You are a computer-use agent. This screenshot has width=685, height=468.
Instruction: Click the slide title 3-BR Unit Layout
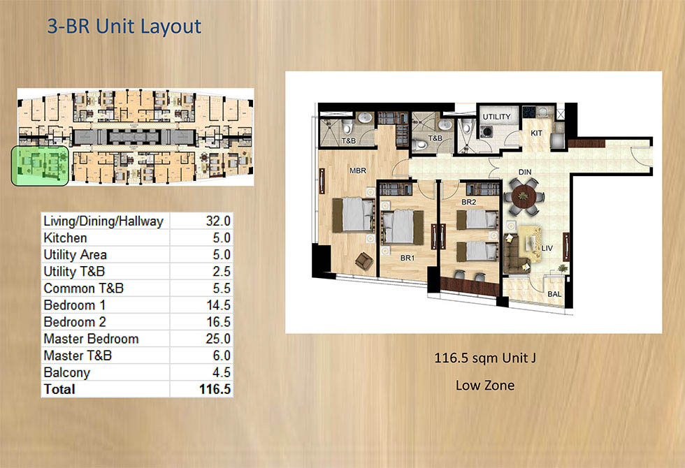pos(124,27)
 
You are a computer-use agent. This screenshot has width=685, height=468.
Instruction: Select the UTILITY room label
pos(496,117)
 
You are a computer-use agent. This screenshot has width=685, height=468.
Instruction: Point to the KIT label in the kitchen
pos(537,132)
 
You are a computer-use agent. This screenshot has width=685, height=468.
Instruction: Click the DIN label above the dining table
pos(526,171)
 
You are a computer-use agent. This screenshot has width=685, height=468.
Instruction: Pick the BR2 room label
pos(468,203)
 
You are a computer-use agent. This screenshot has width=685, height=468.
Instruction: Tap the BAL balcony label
pos(555,294)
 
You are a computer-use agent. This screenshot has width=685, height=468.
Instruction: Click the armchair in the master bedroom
pos(363,261)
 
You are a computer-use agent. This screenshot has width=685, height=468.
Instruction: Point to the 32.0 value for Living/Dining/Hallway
pos(217,221)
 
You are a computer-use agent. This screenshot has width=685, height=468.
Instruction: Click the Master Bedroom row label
pos(91,339)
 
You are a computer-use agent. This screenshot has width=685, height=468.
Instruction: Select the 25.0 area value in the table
pos(217,339)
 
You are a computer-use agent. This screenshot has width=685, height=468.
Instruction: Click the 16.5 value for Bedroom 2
pos(217,322)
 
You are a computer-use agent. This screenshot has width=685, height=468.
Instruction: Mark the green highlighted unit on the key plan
pos(40,166)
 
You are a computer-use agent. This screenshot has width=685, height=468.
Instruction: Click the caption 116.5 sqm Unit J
pos(484,359)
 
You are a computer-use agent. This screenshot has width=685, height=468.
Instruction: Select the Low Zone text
pos(484,385)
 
